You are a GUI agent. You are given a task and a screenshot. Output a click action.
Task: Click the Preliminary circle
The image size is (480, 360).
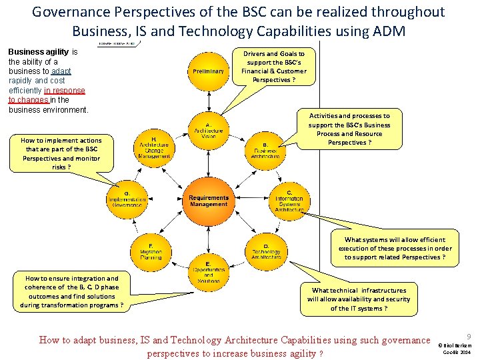pos(208,71)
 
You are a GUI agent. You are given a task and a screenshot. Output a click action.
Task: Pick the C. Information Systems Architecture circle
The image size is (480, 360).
pos(289,198)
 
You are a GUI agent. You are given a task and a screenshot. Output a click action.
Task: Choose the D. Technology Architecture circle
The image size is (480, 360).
pos(265,250)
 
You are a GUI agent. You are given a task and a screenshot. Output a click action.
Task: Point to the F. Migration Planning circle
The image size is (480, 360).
pos(151,250)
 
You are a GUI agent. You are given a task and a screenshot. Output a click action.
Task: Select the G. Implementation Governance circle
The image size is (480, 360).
pos(127,198)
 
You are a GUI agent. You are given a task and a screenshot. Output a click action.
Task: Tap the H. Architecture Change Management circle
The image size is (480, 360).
pos(153,147)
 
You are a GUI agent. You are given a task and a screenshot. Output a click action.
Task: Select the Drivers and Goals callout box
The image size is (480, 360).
pos(273,67)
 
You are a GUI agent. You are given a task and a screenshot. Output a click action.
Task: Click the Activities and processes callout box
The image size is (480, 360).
pos(349,129)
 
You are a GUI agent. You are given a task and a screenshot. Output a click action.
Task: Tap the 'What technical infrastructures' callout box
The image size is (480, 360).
pos(359,299)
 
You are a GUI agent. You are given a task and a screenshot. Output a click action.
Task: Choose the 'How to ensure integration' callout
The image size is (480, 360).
pos(71,292)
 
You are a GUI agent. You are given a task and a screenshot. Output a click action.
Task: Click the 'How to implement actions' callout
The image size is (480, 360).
pos(61,153)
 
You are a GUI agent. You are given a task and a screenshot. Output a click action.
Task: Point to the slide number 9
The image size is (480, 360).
pos(469,337)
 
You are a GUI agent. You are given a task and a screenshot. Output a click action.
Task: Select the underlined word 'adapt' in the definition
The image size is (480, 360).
pos(61,71)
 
